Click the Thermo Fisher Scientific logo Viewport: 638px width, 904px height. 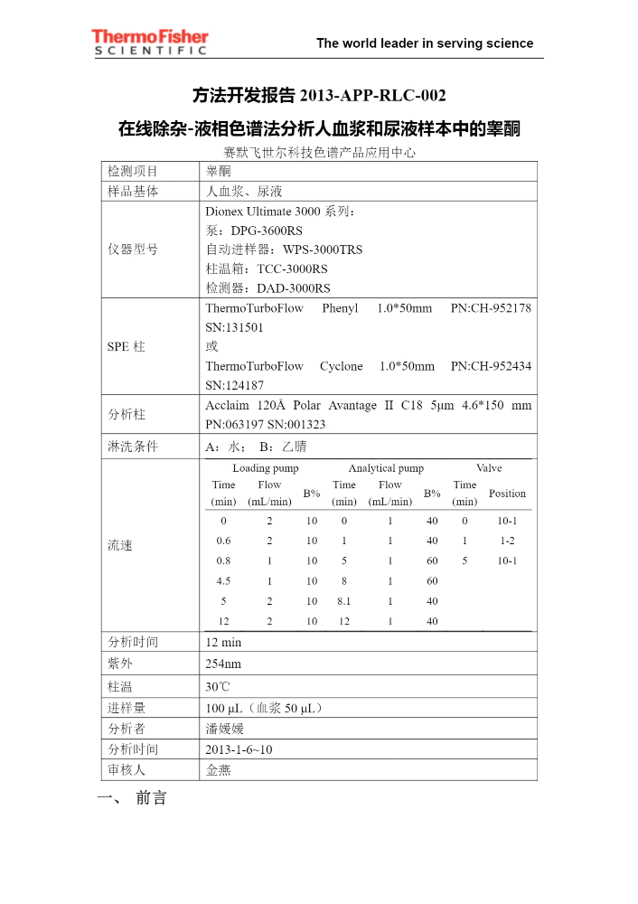point(150,42)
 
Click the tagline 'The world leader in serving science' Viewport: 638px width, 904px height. point(425,43)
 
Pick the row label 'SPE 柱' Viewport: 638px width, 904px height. point(127,346)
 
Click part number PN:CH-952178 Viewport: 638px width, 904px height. point(490,308)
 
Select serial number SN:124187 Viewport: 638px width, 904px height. point(235,385)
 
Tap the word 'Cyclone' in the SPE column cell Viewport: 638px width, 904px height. point(341,366)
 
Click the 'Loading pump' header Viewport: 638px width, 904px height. point(266,468)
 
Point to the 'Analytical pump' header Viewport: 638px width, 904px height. point(386,468)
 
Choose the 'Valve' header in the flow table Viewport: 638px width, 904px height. point(489,468)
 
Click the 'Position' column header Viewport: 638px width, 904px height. point(507,494)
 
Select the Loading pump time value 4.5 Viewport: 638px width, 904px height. point(223,580)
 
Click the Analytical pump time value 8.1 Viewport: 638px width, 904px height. point(343,600)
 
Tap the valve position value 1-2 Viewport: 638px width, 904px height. point(507,541)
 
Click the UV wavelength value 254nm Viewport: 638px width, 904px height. point(223,664)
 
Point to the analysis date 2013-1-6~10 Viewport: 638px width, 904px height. point(239,749)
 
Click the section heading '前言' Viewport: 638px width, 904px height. point(151,799)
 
